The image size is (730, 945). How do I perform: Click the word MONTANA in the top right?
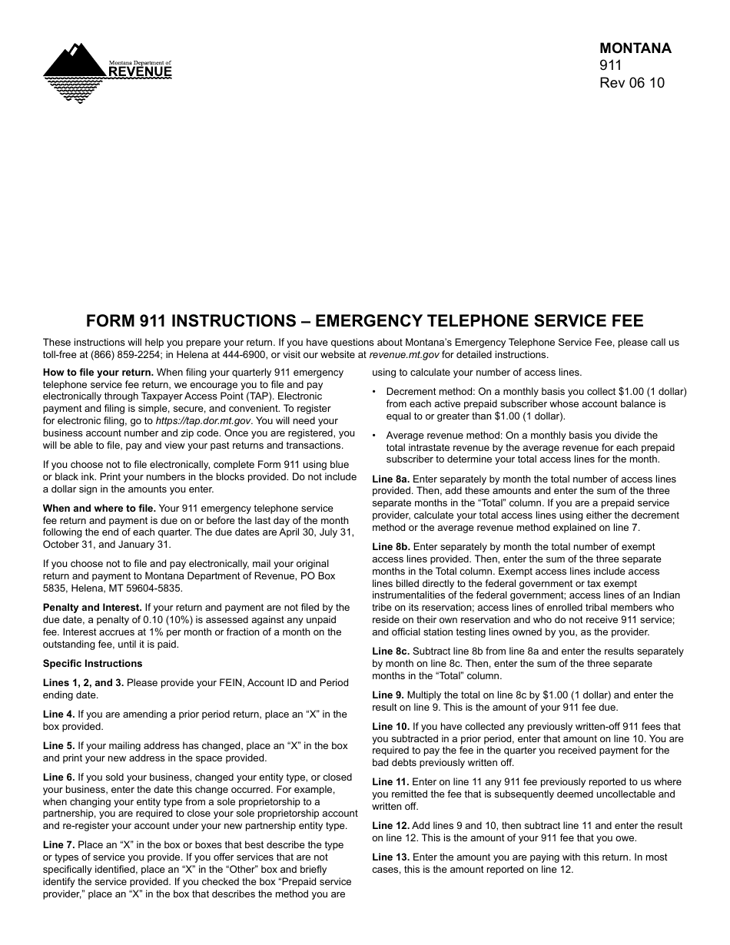635,48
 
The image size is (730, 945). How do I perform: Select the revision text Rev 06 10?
632,83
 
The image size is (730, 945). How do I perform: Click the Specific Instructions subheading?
92,664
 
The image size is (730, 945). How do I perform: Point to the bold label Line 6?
58,778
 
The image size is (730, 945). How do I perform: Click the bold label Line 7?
58,845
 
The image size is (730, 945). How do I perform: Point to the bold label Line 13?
390,857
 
